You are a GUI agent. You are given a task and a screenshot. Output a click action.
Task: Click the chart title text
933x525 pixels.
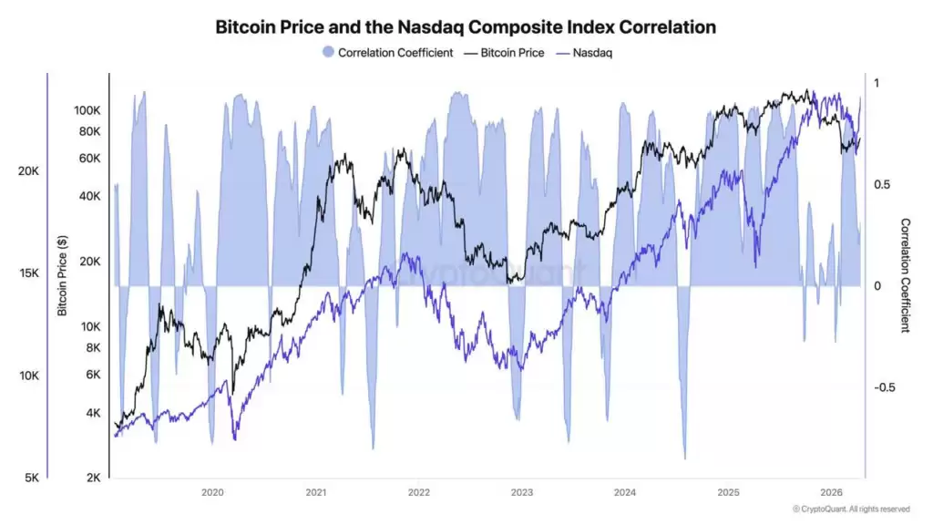pos(466,27)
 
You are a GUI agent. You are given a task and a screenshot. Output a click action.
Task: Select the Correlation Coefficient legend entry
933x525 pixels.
pos(395,53)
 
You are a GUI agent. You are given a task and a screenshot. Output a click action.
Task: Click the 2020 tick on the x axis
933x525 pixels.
pos(212,492)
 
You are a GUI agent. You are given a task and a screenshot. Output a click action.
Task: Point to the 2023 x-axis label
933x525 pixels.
pos(522,492)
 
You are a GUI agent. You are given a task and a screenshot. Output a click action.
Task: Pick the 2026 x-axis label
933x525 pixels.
pos(831,492)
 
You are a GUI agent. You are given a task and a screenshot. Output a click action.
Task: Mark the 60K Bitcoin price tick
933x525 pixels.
pos(91,159)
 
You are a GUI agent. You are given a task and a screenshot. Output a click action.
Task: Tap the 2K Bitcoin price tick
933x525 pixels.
pos(94,478)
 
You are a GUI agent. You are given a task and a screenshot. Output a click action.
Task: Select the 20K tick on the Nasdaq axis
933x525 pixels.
pos(28,171)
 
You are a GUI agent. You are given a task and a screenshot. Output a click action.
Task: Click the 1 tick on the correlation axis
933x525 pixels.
pos(877,83)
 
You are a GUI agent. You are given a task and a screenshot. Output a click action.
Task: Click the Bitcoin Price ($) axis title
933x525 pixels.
pos(63,274)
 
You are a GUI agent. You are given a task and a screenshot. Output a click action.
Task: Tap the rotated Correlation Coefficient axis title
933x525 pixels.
pos(905,274)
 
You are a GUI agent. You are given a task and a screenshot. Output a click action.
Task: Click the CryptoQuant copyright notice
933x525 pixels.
pos(851,509)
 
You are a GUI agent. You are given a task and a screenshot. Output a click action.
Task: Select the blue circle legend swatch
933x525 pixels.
pos(328,53)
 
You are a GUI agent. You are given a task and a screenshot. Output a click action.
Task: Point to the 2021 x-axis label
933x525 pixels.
pos(315,492)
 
